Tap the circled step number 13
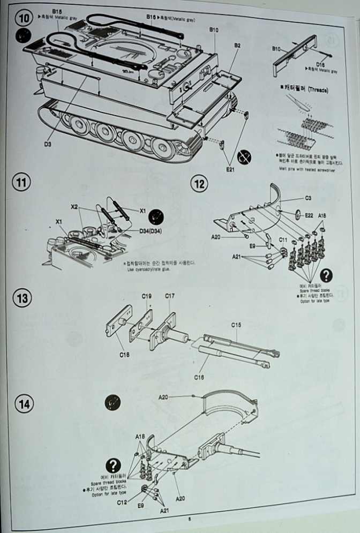tap(21, 297)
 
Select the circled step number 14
tap(22, 404)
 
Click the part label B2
tap(237, 46)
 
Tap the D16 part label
tap(320, 64)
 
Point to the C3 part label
tap(308, 198)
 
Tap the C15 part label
tap(237, 325)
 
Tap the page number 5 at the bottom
tap(189, 518)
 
